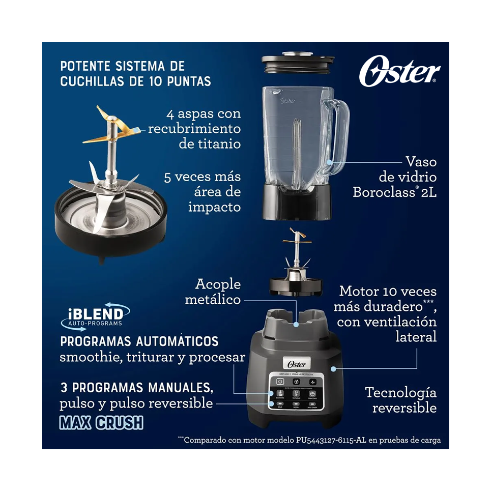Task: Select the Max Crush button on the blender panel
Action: pyautogui.click(x=313, y=406)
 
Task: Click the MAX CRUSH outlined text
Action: pyautogui.click(x=101, y=423)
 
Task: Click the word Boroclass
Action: pyautogui.click(x=385, y=192)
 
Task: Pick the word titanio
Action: pyautogui.click(x=210, y=144)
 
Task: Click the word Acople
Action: pyautogui.click(x=218, y=284)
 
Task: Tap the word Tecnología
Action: pyautogui.click(x=400, y=392)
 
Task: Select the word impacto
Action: pyautogui.click(x=214, y=207)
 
